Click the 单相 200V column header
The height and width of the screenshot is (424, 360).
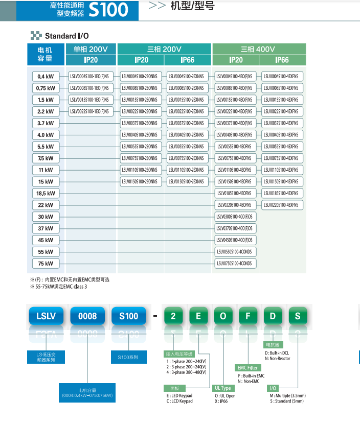click(x=91, y=50)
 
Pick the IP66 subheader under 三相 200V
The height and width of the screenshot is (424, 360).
click(x=188, y=60)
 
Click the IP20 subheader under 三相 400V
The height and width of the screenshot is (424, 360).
click(x=236, y=60)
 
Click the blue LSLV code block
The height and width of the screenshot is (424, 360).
click(x=46, y=316)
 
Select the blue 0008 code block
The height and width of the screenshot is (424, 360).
click(x=87, y=316)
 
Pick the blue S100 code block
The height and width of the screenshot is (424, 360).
click(x=129, y=316)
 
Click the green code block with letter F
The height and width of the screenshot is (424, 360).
click(x=248, y=316)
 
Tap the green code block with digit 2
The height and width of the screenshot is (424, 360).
click(x=173, y=316)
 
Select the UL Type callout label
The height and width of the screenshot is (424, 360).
click(x=222, y=388)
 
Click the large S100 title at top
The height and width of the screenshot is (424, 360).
click(x=108, y=10)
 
